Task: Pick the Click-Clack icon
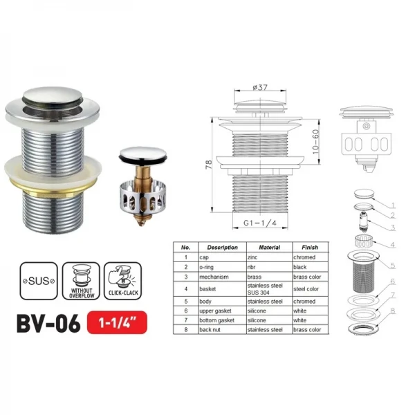(x=122, y=280)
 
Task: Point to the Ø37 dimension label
(x=261, y=86)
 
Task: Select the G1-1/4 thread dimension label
(x=261, y=223)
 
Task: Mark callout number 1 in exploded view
(x=393, y=205)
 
